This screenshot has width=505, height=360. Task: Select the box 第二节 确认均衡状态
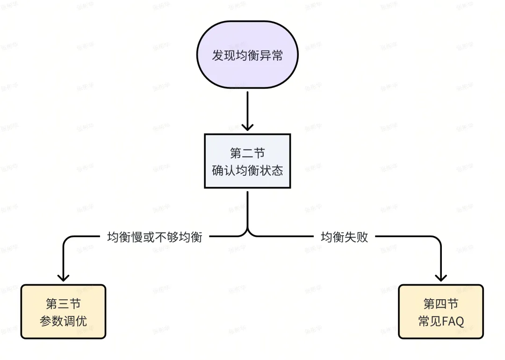[247, 161]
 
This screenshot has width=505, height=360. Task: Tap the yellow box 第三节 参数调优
[63, 311]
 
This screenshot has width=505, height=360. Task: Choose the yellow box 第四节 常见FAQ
[440, 311]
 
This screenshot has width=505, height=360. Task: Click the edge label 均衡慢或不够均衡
[155, 237]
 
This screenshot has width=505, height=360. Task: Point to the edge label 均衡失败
[344, 237]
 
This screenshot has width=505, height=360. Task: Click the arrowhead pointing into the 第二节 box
[247, 127]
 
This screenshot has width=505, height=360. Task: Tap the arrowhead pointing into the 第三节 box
[63, 277]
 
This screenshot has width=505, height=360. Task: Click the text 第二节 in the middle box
[247, 153]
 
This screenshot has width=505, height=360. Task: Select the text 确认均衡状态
[247, 170]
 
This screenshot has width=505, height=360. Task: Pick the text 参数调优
[63, 321]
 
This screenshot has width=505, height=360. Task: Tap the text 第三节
[63, 303]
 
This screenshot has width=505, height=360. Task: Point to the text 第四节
[440, 303]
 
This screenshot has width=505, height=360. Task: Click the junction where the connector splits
[247, 233]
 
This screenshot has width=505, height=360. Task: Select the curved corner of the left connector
[66, 240]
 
